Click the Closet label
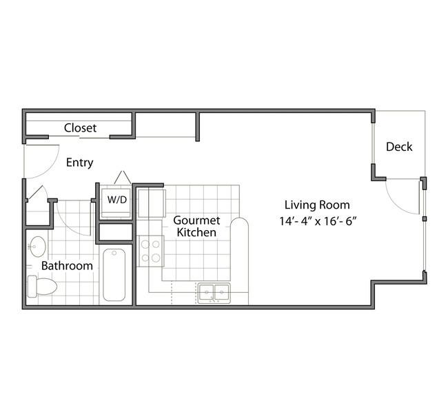(x=80, y=127)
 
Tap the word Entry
(x=79, y=163)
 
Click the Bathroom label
(x=67, y=265)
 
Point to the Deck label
(x=399, y=146)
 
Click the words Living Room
(x=317, y=205)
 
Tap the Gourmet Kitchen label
(x=196, y=226)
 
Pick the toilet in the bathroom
(x=41, y=286)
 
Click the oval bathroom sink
(x=38, y=246)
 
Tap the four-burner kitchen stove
(x=150, y=251)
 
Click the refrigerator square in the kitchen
(x=151, y=203)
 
